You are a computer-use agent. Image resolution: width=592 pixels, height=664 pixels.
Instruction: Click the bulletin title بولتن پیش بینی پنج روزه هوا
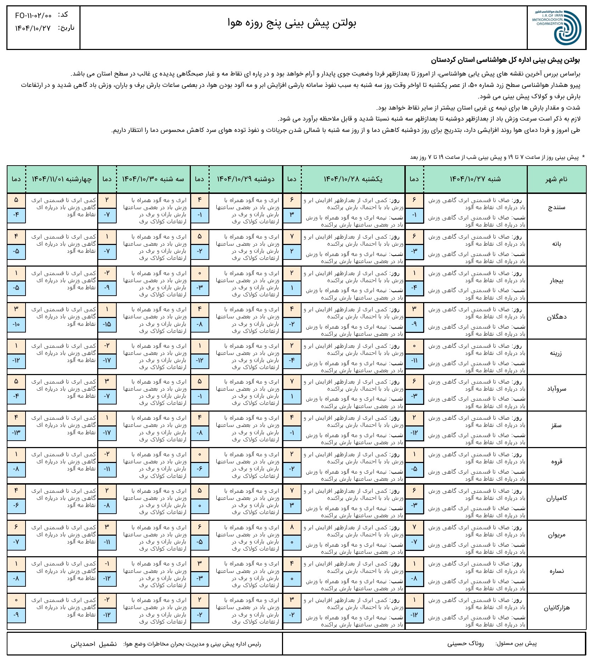point(292,23)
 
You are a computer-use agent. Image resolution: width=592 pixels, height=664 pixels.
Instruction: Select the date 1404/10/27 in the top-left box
point(33,28)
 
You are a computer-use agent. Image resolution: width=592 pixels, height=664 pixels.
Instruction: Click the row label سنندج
point(557,208)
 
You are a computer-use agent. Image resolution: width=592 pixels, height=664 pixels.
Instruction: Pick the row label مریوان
point(557,535)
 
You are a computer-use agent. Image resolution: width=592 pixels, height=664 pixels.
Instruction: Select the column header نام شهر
point(557,179)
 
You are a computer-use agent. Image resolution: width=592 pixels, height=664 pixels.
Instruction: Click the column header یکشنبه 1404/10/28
point(353,179)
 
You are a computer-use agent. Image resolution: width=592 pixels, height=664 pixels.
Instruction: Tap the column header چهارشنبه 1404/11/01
point(62,179)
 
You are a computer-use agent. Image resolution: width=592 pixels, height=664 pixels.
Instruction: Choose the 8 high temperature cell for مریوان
point(292,528)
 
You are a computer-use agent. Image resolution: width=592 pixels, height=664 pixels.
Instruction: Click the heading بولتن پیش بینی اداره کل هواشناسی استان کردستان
point(505,60)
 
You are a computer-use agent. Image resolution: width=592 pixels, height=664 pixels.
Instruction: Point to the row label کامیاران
point(557,498)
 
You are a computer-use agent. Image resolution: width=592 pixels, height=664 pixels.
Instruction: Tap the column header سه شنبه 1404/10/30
point(153,179)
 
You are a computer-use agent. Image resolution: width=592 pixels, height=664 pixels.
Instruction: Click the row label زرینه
point(557,353)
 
